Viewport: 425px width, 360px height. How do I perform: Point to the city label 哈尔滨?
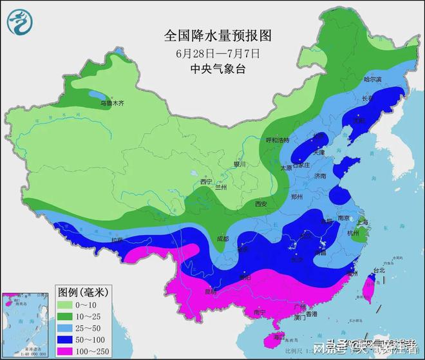(x=373, y=79)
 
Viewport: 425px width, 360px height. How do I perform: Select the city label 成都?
(x=222, y=238)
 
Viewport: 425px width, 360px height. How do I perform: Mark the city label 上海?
(x=361, y=222)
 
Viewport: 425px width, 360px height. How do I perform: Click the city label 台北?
(x=379, y=270)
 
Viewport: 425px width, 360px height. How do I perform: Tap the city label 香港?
(x=312, y=314)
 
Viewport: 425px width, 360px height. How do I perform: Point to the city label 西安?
(x=260, y=204)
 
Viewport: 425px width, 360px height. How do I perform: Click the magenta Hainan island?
(x=279, y=337)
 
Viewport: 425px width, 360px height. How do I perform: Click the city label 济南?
(x=320, y=175)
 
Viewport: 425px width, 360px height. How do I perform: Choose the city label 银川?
(x=240, y=164)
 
